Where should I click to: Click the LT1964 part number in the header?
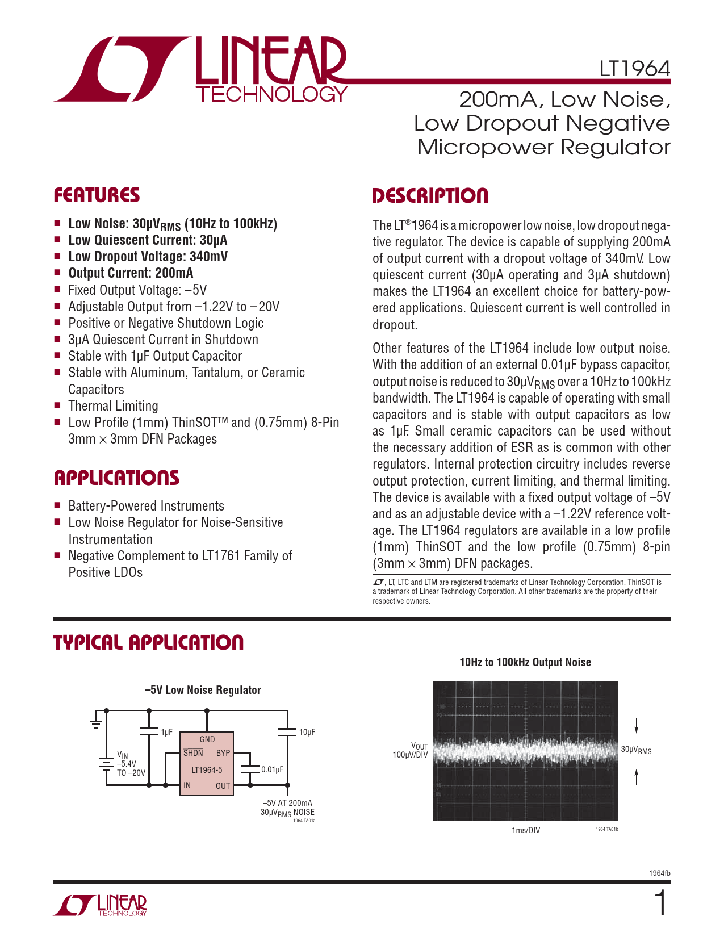[x=634, y=69]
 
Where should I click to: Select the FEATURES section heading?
[x=97, y=195]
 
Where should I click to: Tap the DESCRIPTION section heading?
[x=430, y=196]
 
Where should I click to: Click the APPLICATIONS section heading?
[x=116, y=478]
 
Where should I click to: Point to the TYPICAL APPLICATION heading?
[x=148, y=643]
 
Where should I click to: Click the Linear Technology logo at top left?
[x=200, y=70]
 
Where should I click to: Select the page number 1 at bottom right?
[x=660, y=903]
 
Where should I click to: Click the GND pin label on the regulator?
[x=207, y=739]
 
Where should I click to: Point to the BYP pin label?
[x=223, y=753]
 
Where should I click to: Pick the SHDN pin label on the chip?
[x=193, y=753]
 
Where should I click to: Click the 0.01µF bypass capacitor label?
[x=272, y=769]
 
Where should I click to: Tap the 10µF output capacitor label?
[x=307, y=733]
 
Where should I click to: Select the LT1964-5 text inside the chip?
[x=207, y=770]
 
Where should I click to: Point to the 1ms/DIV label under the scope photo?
[x=526, y=830]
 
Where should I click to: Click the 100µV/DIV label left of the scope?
[x=410, y=755]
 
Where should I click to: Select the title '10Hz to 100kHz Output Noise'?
[x=525, y=662]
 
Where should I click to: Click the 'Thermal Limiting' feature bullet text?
[x=113, y=406]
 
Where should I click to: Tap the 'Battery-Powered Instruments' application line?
[x=146, y=506]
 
